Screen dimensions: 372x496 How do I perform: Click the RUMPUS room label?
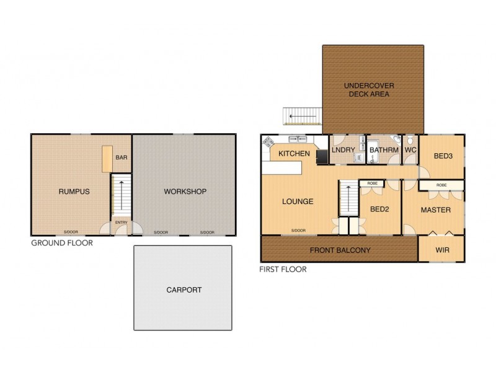point(74,192)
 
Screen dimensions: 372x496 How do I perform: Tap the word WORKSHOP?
point(185,192)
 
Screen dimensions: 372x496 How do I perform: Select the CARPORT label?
point(184,290)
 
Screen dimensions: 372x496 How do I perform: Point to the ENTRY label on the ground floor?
point(121,223)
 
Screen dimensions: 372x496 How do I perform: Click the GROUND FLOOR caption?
point(62,243)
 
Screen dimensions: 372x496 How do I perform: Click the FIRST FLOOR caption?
point(283,270)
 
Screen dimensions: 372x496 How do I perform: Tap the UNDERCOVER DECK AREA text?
point(370,90)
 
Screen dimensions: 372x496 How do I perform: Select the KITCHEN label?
point(294,153)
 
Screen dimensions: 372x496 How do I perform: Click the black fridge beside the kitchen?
point(322,156)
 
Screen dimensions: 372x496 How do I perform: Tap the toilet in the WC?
point(410,141)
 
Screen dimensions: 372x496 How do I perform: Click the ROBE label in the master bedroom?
point(441,185)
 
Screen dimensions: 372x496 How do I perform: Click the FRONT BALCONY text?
point(339,250)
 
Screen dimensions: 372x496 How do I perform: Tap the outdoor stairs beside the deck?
point(303,116)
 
